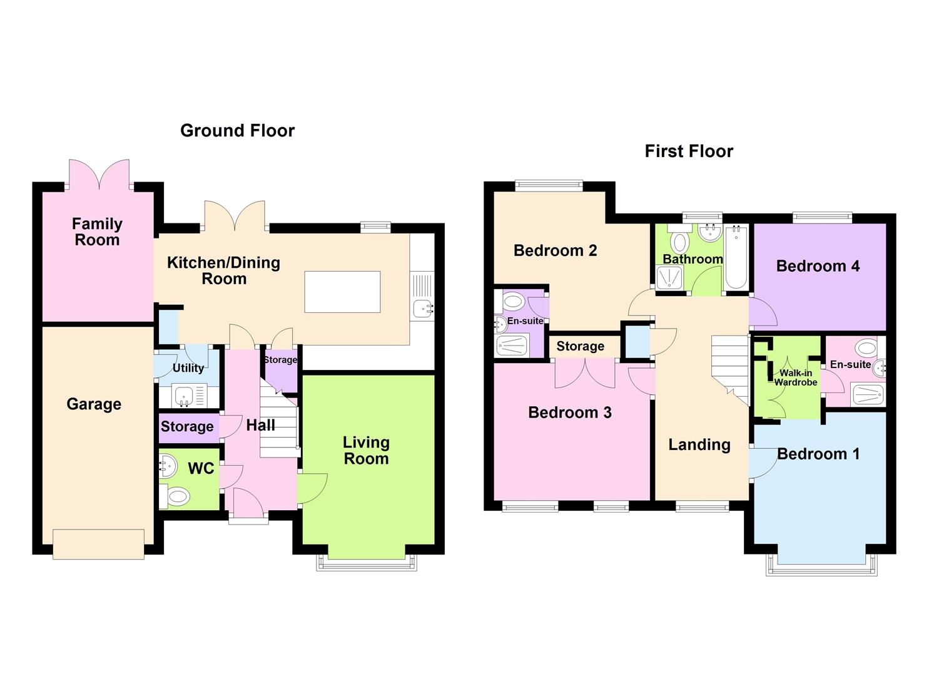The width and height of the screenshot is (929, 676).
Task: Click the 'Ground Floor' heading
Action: tap(237, 130)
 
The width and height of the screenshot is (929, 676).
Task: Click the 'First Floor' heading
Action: tap(689, 151)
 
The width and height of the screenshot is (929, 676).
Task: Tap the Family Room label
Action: tap(97, 232)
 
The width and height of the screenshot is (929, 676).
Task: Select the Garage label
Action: tap(94, 404)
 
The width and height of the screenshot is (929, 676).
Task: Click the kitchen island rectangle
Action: tap(342, 292)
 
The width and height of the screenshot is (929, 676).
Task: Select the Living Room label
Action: tap(366, 450)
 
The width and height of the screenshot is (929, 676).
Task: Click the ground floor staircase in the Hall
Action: tap(278, 422)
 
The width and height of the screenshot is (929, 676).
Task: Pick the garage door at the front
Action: tap(98, 544)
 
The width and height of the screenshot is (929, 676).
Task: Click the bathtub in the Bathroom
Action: tap(736, 257)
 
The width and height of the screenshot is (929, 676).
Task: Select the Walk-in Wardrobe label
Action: tap(795, 377)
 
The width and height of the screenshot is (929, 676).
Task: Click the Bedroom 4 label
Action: tap(818, 266)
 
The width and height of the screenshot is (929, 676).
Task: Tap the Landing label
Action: tap(699, 444)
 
